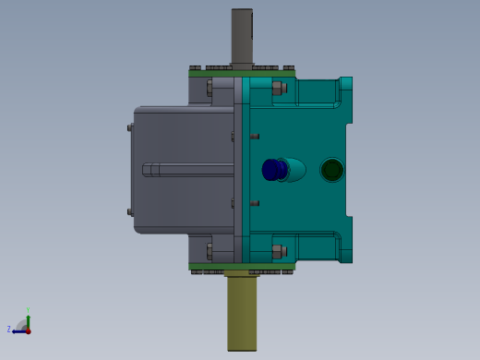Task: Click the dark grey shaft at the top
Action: point(242,35)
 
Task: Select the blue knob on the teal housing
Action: point(274,170)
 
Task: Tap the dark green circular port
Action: point(331,170)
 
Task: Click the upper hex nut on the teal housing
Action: point(277,89)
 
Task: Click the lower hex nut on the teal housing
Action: point(277,250)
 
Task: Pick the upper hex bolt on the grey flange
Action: point(210,89)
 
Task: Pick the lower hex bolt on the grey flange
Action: point(210,250)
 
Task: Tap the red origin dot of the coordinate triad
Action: point(28,330)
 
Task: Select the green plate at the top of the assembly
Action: point(242,73)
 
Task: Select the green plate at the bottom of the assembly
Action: point(242,267)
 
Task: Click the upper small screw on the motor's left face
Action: point(130,127)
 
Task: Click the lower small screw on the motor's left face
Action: point(130,212)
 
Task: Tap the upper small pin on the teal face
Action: point(255,137)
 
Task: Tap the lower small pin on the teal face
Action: point(255,203)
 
